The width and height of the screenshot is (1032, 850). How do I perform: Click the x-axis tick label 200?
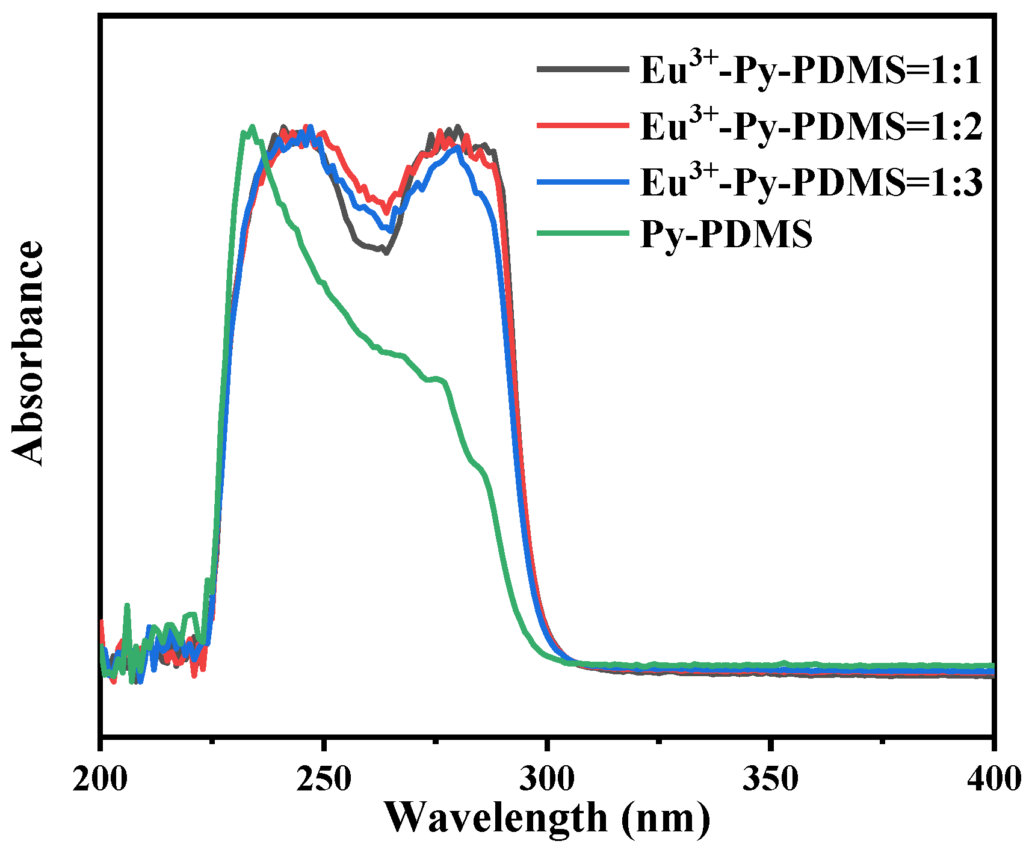pyautogui.click(x=100, y=780)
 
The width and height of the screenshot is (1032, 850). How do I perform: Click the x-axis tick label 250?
pyautogui.click(x=324, y=780)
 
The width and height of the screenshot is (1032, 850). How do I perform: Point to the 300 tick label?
pyautogui.click(x=547, y=780)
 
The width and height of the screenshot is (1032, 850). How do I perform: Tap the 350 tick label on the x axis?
pyautogui.click(x=770, y=780)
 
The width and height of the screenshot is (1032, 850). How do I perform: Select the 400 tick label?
pyautogui.click(x=993, y=780)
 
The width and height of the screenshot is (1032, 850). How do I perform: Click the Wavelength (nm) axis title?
pyautogui.click(x=547, y=818)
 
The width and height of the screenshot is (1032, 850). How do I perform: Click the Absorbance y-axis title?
pyautogui.click(x=28, y=354)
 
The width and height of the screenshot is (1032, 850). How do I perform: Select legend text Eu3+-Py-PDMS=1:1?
pyautogui.click(x=811, y=70)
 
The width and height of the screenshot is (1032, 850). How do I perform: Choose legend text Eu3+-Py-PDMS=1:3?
pyautogui.click(x=811, y=181)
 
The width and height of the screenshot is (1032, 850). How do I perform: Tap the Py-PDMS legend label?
pyautogui.click(x=726, y=234)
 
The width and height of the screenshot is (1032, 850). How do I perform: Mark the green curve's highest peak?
pyautogui.click(x=252, y=126)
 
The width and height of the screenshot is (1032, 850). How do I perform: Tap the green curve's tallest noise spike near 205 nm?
pyautogui.click(x=127, y=605)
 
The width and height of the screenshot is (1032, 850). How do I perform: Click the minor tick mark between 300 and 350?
pyautogui.click(x=659, y=741)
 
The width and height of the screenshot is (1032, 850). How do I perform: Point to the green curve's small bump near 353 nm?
pyautogui.click(x=784, y=662)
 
